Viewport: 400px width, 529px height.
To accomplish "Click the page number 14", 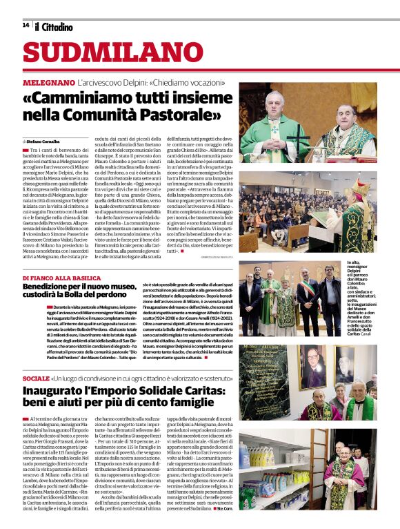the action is tap(26, 26).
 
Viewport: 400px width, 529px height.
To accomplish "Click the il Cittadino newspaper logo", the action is tap(54, 27).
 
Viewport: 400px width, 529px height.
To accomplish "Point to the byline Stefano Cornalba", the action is tap(44, 141).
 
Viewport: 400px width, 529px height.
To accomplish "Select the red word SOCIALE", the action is tap(36, 379).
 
